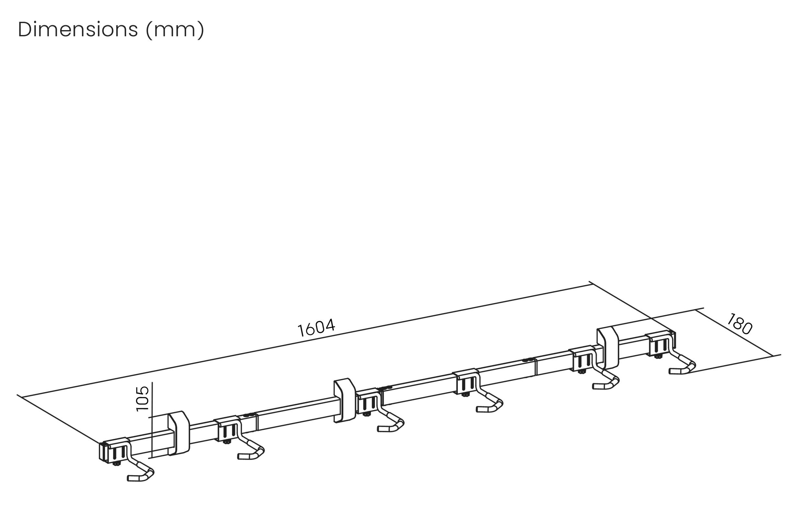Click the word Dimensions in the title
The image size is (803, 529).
tap(78, 30)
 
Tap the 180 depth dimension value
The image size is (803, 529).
tap(739, 324)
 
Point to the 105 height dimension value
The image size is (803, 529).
tap(142, 399)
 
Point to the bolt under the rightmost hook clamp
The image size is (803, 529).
tap(658, 356)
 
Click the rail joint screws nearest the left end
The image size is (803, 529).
tap(249, 414)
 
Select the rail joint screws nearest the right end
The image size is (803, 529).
tap(528, 360)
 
